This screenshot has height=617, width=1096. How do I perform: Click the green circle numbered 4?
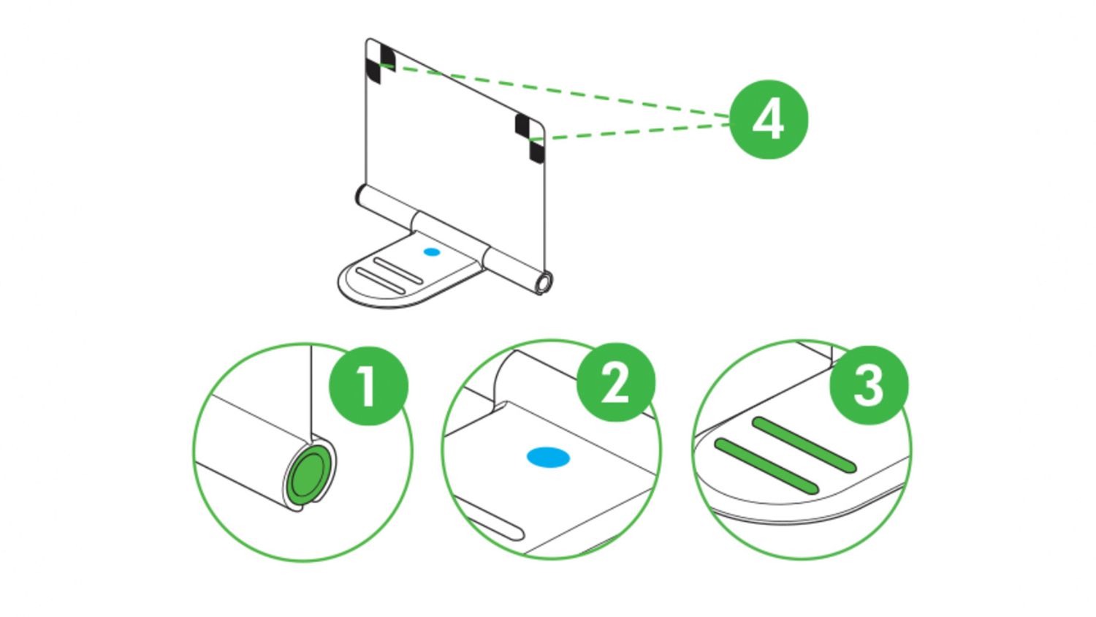click(769, 119)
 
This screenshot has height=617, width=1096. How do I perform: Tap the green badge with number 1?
click(368, 386)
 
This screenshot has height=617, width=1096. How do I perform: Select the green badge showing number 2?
click(616, 382)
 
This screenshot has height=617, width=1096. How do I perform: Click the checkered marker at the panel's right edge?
click(530, 137)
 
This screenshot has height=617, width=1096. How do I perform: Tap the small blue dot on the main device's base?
click(432, 251)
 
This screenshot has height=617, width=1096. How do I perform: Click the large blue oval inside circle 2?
click(548, 458)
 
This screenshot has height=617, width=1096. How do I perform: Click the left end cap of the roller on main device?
click(360, 196)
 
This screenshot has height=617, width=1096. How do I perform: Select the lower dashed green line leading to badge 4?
click(636, 131)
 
